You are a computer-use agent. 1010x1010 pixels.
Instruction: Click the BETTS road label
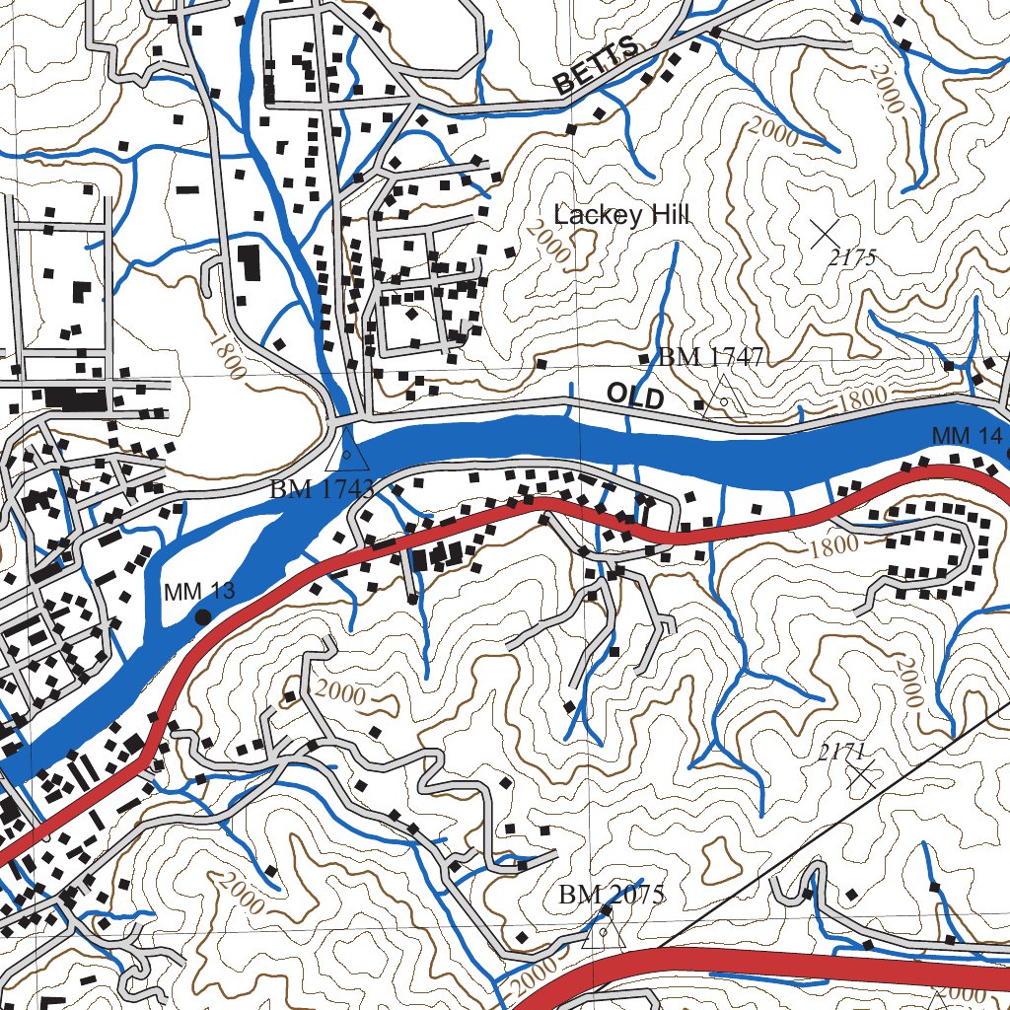pyautogui.click(x=596, y=70)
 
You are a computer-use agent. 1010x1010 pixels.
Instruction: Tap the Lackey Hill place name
pyautogui.click(x=620, y=216)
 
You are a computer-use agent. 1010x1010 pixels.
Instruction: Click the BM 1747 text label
pyautogui.click(x=711, y=357)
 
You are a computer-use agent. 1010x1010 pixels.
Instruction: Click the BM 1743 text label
pyautogui.click(x=322, y=487)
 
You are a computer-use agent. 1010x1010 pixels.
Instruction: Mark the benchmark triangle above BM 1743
pyautogui.click(x=347, y=452)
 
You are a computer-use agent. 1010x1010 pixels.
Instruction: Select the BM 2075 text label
pyautogui.click(x=612, y=895)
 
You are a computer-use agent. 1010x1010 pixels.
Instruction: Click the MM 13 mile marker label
pyautogui.click(x=199, y=592)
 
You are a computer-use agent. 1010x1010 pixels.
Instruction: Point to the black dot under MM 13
pyautogui.click(x=203, y=616)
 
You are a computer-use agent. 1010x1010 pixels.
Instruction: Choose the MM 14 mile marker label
pyautogui.click(x=966, y=436)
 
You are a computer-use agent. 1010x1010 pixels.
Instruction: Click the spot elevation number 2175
pyautogui.click(x=853, y=258)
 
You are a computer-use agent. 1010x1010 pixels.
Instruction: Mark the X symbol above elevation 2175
pyautogui.click(x=825, y=234)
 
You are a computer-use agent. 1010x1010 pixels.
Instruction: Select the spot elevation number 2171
pyautogui.click(x=841, y=753)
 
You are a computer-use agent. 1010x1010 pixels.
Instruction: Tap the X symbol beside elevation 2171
pyautogui.click(x=864, y=774)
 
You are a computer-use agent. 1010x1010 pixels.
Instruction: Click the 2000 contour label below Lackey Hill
pyautogui.click(x=548, y=242)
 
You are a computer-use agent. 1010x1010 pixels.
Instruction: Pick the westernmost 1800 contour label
pyautogui.click(x=226, y=354)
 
